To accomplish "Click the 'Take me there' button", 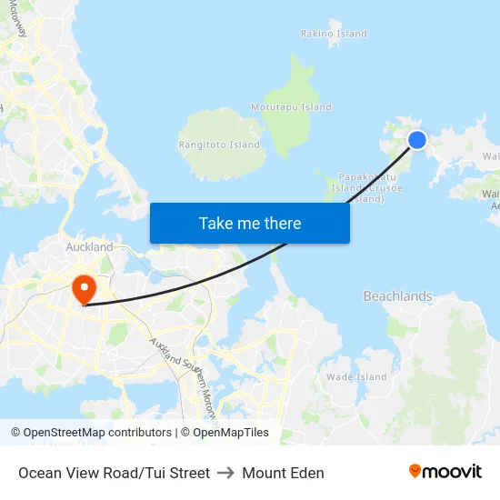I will click(x=250, y=223).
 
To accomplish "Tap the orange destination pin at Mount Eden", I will click(x=84, y=289).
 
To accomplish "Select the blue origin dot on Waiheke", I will click(x=416, y=139).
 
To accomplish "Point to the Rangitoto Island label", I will click(x=219, y=145).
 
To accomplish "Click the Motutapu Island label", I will click(x=291, y=106).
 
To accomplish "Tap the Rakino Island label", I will click(x=334, y=34).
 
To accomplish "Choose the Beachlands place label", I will click(x=397, y=296).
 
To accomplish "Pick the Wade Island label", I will click(x=356, y=377).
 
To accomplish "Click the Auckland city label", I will click(x=89, y=247).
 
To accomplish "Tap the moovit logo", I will click(x=445, y=472).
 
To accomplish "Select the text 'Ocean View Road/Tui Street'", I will click(x=114, y=473).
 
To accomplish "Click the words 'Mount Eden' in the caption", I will click(x=283, y=473).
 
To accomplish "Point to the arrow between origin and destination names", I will click(x=225, y=473).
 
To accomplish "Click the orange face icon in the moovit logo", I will click(x=415, y=471).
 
